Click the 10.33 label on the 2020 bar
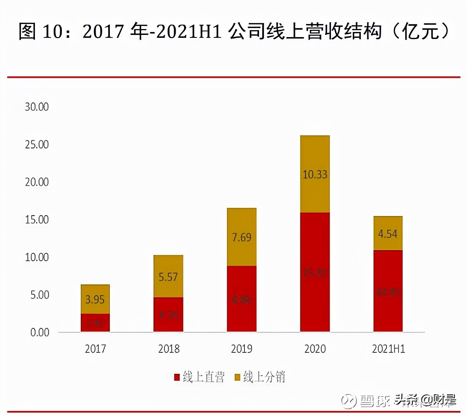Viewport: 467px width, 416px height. pos(315,175)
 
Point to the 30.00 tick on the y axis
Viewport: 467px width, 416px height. pos(37,107)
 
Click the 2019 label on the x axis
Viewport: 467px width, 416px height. pos(242,349)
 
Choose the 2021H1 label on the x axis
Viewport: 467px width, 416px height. pos(388,349)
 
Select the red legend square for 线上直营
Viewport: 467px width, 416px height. pos(177,377)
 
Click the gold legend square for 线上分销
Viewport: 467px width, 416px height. pos(238,377)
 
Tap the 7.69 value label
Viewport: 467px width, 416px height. pos(242,237)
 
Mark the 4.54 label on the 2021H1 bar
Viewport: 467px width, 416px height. pos(388,234)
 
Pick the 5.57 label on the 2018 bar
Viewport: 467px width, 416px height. pos(168,277)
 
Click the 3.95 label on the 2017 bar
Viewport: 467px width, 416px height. pos(95,300)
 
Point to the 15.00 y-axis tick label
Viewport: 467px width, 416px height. pos(37,220)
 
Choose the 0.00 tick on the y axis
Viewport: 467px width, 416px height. pos(40,332)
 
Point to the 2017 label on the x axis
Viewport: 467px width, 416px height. pos(95,349)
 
